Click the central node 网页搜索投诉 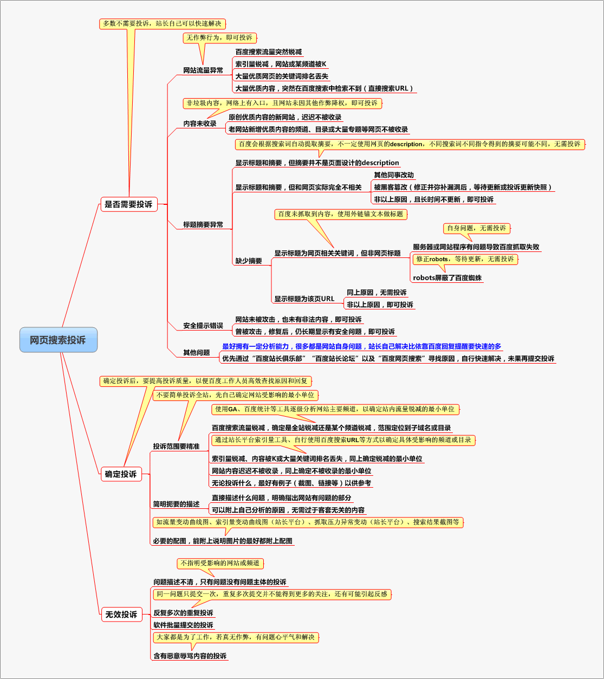58,340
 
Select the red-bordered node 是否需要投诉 129,204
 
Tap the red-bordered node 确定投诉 121,474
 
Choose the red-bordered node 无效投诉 121,615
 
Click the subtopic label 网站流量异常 203,70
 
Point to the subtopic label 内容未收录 200,124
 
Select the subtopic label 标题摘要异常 203,224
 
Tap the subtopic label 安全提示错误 203,326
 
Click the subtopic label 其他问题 197,352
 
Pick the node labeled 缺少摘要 249,261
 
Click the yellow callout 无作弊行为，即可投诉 219,38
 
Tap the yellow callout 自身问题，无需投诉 477,228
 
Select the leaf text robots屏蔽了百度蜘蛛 447,278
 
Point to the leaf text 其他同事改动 394,175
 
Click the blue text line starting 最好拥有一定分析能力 362,346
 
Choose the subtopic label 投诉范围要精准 176,447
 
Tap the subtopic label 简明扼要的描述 176,504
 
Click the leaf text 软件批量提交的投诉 183,625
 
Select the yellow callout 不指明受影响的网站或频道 220,564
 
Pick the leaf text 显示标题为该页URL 304,299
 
